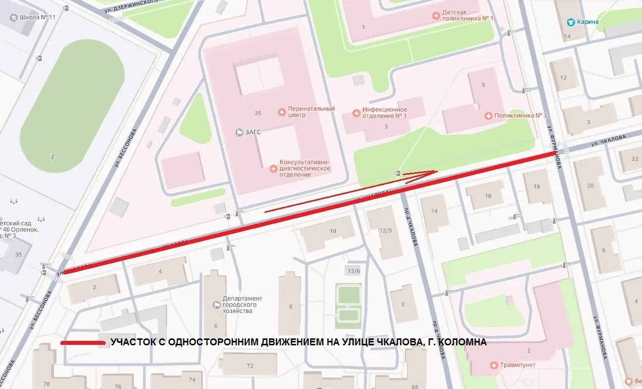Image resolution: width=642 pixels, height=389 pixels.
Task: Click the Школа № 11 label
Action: point(38,17)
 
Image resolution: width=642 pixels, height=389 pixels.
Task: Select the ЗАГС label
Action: point(252,132)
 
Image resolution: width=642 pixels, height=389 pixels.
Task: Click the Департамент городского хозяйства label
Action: point(242,305)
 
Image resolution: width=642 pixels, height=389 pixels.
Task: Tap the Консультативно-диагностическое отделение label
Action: point(304,168)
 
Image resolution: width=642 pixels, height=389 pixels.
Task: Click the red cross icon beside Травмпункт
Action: point(493,366)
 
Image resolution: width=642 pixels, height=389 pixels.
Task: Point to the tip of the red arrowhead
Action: point(437,171)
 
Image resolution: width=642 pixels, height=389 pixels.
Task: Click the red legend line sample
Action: point(83,343)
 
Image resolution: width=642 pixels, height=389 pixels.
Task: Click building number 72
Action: point(250,366)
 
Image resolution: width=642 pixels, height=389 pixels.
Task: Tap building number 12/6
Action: point(353,270)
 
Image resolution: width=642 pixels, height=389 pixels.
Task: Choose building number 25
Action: point(258,113)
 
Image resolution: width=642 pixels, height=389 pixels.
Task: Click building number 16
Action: point(488,196)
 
